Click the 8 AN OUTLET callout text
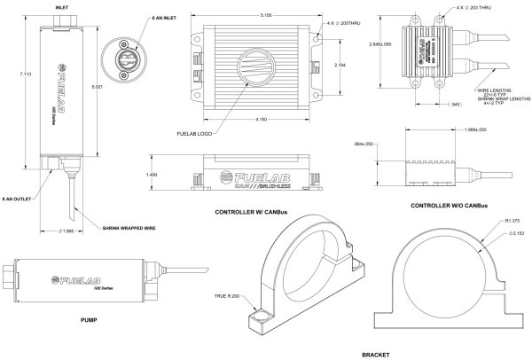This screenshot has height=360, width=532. tap(18, 199)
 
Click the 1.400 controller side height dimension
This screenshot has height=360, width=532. tap(177, 175)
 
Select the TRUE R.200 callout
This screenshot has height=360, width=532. tap(226, 295)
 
